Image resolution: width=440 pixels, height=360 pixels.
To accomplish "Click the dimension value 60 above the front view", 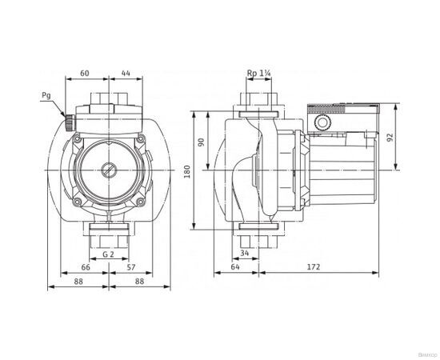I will click(84, 72).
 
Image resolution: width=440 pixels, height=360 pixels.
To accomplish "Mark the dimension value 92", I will click(390, 137).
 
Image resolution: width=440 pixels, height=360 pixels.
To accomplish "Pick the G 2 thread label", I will click(106, 254).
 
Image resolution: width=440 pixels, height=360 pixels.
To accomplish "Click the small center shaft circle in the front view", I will click(106, 170).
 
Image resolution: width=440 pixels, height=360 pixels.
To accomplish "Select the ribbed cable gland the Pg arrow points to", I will click(67, 124).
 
